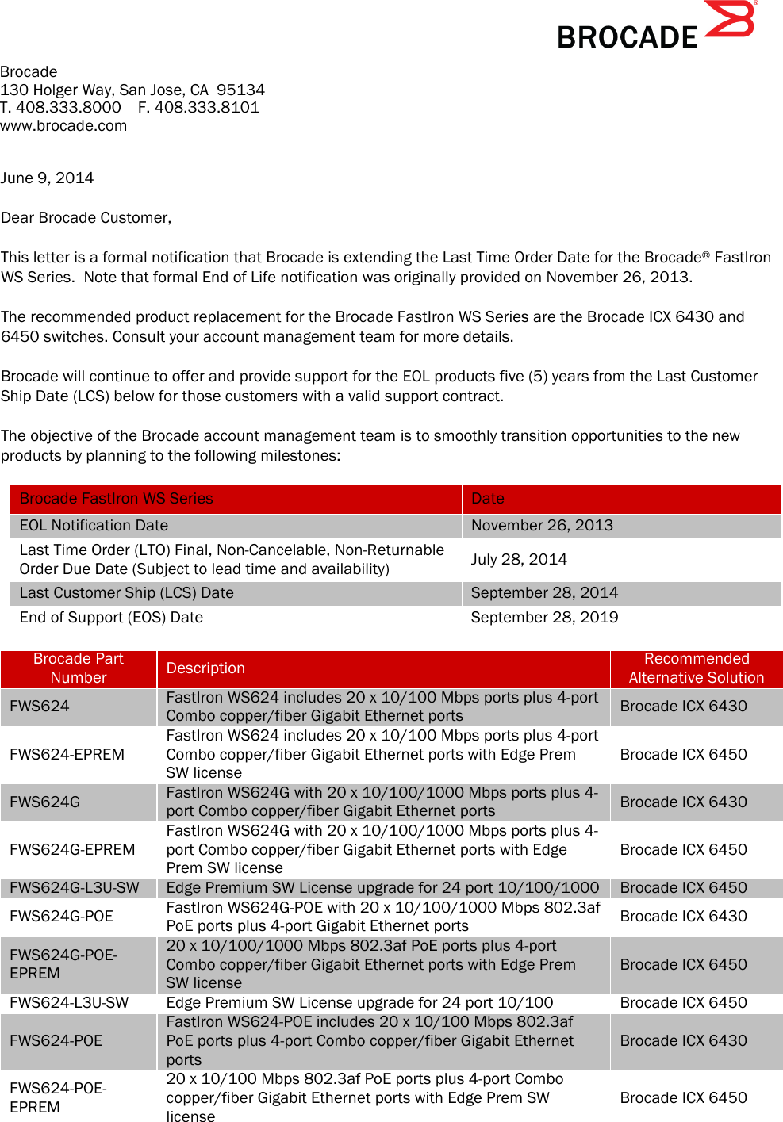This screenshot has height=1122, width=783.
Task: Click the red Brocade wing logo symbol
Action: [x=730, y=20]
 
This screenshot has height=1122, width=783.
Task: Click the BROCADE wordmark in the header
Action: [x=627, y=37]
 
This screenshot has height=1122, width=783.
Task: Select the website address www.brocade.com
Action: [x=63, y=125]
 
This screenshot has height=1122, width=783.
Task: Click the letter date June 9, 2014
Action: [x=47, y=178]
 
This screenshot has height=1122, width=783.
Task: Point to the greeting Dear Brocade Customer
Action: [x=86, y=217]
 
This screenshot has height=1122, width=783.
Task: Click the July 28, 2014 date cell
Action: [x=519, y=559]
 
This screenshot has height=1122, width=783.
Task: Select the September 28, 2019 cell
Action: [x=544, y=617]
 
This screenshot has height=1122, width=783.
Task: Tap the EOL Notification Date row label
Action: [x=94, y=525]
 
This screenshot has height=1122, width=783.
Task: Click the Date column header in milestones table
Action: [x=488, y=498]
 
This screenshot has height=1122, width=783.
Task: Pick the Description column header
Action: [x=205, y=668]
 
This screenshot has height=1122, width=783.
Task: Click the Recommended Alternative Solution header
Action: [x=696, y=668]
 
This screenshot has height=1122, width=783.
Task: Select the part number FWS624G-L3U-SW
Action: [x=75, y=887]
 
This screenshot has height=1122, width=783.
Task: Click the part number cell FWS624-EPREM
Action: [x=67, y=754]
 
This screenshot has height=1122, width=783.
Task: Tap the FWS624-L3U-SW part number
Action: [x=69, y=1002]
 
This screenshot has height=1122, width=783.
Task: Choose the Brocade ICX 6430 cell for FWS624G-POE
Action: [x=683, y=916]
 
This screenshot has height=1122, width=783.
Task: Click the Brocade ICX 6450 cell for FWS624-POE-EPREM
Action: [x=683, y=1097]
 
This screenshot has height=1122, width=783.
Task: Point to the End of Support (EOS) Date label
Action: [x=111, y=617]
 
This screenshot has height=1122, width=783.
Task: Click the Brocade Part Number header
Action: [x=79, y=668]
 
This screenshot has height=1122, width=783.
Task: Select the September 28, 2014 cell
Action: [x=544, y=592]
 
